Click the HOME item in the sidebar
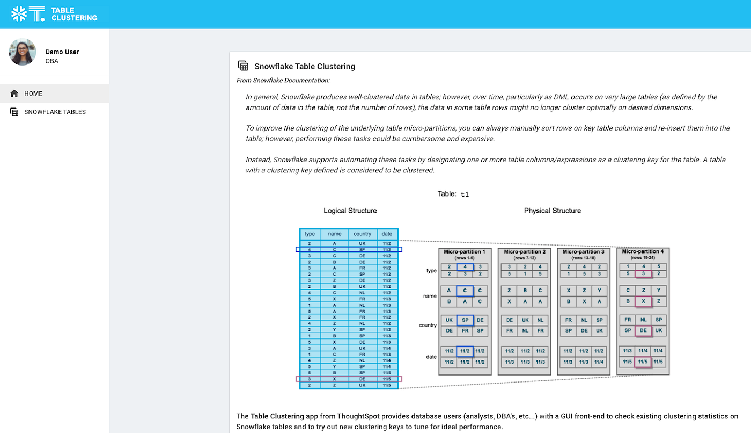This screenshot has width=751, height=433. point(33,93)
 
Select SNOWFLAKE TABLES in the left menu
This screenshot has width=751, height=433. point(55,112)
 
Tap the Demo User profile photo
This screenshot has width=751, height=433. point(23,52)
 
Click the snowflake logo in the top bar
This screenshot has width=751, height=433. point(19,14)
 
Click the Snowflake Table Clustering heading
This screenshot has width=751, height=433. point(304,67)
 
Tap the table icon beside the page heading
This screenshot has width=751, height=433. point(243,66)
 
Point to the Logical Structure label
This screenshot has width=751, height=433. point(350,211)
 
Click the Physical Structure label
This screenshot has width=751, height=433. point(552,211)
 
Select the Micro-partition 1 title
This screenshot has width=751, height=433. point(465,252)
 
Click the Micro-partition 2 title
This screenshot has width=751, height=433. point(525,252)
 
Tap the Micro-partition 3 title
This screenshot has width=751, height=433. point(584,252)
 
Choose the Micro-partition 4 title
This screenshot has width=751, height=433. point(643,251)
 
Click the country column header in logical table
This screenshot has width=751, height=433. point(363,234)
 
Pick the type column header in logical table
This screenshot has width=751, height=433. point(310,234)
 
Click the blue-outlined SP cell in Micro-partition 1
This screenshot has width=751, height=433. point(465,320)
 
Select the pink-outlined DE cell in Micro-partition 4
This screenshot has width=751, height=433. point(643,330)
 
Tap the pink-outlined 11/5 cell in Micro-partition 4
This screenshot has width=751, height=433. point(643,362)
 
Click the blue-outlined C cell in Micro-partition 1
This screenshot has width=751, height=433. point(465,291)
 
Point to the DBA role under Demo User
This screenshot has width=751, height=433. point(52,61)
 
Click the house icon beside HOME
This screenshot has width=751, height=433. point(14,93)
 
